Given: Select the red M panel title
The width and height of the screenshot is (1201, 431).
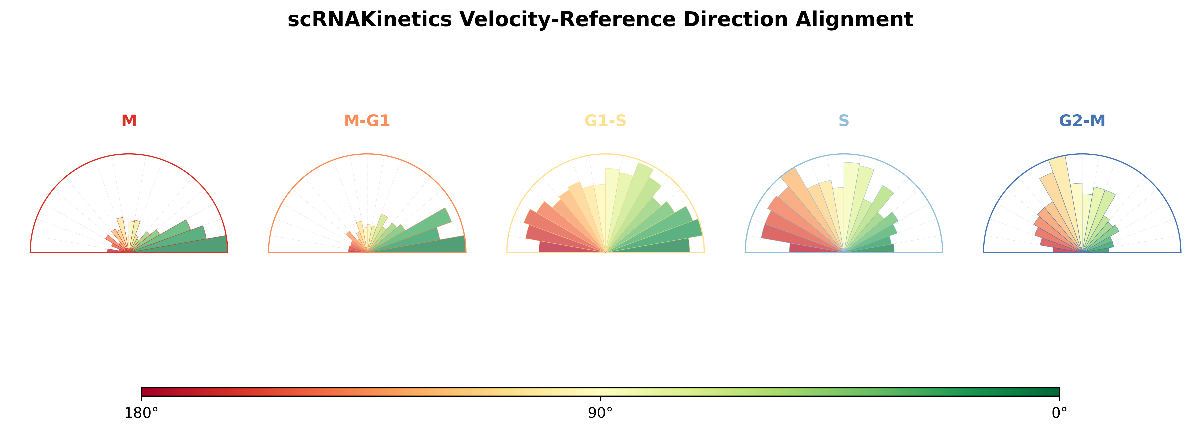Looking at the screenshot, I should [x=129, y=121].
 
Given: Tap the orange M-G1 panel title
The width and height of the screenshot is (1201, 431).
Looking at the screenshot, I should [x=367, y=121].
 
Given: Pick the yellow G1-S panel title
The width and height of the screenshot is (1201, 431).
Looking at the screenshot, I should [x=605, y=121].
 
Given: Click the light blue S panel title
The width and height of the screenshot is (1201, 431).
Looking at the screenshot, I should [x=844, y=121].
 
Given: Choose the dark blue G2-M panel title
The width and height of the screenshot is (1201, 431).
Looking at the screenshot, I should [x=1082, y=121].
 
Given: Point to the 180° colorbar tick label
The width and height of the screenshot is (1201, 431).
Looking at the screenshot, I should [x=141, y=413].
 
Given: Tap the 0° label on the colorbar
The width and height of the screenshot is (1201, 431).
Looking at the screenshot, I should [x=1059, y=413].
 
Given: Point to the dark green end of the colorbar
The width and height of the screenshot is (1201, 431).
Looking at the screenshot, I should [x=1054, y=391].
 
